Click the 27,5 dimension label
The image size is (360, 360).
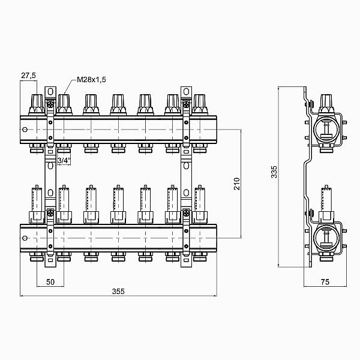point(28,76)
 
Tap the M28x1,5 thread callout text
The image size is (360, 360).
point(91,80)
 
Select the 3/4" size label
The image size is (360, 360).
point(64,160)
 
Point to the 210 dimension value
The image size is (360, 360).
point(237,184)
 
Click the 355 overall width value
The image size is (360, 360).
point(118,292)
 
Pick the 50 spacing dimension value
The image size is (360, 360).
point(50,282)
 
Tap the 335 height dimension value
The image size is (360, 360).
point(274,172)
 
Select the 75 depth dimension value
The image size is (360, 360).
point(325,282)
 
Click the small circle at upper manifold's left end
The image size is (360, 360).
point(25,130)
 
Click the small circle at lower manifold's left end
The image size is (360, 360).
point(25,238)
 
